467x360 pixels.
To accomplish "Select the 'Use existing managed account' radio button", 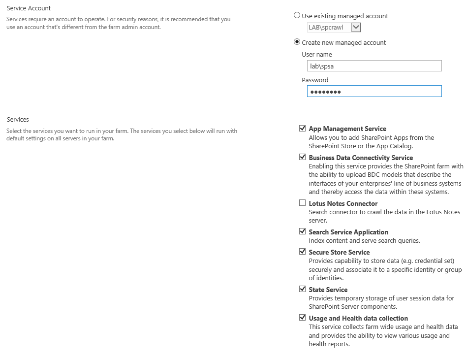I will (297, 15).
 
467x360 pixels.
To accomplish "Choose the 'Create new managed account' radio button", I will (297, 42).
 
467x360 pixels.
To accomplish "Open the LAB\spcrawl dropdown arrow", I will (356, 28).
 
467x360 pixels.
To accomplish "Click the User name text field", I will (374, 66).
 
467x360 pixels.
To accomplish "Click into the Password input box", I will (374, 92).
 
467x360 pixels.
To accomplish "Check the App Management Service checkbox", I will (302, 129).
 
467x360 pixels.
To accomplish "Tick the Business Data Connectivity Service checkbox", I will (302, 158).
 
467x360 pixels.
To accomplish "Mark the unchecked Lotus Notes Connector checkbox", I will (302, 203).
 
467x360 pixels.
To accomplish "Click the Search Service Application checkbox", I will (302, 231).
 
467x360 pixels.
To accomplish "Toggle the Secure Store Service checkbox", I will (302, 252).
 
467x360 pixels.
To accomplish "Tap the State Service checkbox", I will (302, 289).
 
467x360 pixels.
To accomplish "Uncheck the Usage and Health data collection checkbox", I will (302, 318).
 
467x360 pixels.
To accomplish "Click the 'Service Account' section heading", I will (29, 8).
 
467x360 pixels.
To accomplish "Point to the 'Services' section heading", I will (18, 120).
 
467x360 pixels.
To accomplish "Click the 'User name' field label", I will (317, 55).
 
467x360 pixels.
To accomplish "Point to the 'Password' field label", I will (315, 80).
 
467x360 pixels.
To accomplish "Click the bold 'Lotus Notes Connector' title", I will (343, 203).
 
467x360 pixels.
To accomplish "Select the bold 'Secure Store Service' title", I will (339, 252).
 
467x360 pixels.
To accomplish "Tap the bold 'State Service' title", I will (328, 290).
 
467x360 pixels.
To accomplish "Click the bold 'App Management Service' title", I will (347, 129).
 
